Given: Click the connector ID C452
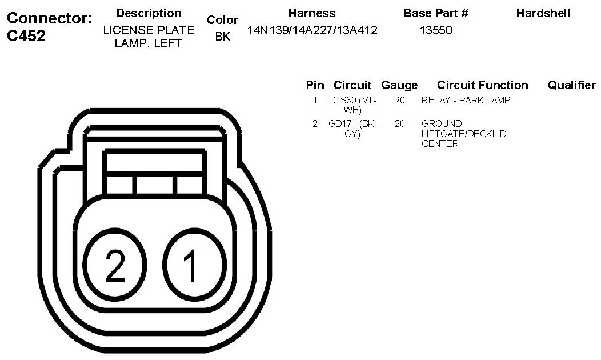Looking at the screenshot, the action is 26,35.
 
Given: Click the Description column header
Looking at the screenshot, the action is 149,13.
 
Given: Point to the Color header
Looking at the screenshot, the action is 222,20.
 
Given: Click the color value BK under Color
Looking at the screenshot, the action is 222,37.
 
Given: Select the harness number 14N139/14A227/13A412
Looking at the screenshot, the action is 312,30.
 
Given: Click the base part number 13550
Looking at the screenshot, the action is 436,30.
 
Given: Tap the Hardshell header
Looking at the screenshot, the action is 543,13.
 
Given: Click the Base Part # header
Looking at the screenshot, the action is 436,13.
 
